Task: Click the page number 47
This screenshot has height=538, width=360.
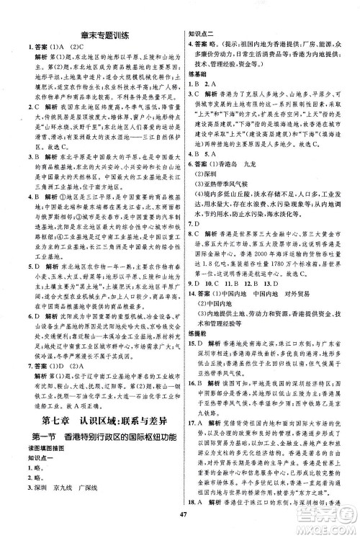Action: coord(180,521)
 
